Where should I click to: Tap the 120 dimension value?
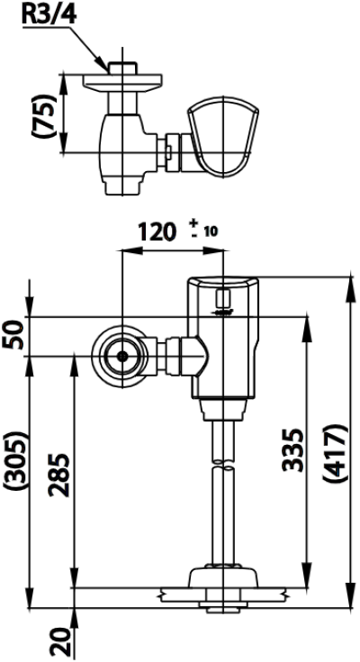(159, 232)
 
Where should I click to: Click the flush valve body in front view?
(223, 342)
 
